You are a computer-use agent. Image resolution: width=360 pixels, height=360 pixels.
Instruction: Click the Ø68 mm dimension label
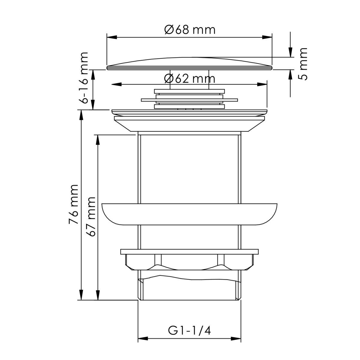[190, 30]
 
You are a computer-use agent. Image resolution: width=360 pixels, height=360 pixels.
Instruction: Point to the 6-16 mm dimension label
[83, 78]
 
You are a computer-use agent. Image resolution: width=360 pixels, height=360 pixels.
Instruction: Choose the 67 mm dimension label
[91, 217]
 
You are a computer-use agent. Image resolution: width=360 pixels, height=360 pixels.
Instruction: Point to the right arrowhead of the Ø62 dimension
[262, 84]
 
